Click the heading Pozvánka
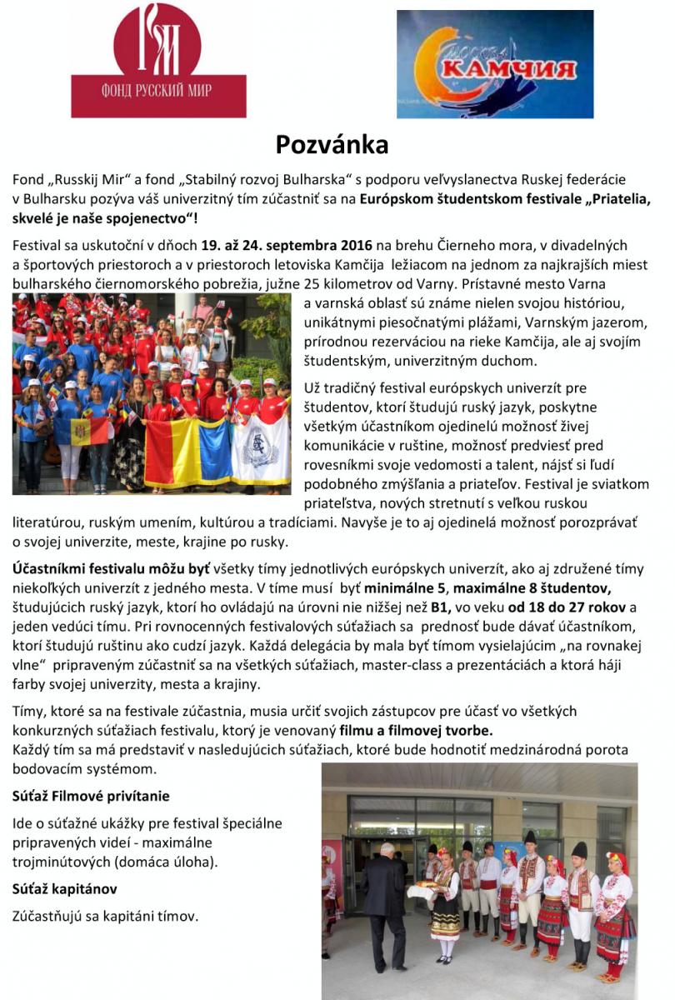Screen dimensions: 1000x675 332,145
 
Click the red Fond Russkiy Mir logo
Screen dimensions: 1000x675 158,60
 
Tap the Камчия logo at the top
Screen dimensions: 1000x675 494,64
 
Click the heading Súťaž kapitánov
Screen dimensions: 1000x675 65,888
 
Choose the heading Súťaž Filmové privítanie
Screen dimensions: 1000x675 91,796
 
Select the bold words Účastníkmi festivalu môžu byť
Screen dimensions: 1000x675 112,569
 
